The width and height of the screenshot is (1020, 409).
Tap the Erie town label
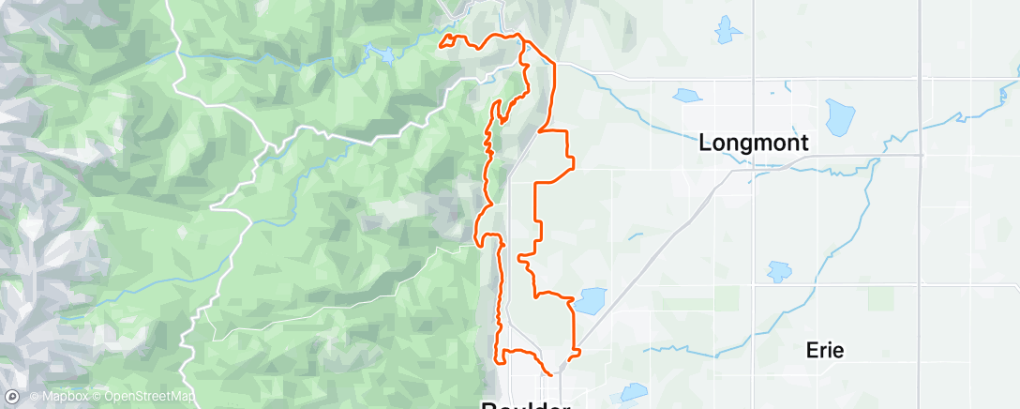(x=825, y=351)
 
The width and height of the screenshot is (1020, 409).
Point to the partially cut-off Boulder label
(x=524, y=404)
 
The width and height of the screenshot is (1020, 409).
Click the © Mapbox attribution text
(x=61, y=397)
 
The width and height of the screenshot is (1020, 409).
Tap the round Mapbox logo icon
(x=12, y=397)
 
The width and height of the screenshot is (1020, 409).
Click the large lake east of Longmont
(x=837, y=117)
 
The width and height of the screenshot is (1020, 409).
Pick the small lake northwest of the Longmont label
(x=687, y=95)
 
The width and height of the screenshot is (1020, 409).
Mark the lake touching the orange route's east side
(x=590, y=300)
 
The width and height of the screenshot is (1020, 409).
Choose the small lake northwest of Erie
(x=779, y=272)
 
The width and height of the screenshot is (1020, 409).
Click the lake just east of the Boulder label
(x=633, y=392)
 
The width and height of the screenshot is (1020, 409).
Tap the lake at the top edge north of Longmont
(x=727, y=30)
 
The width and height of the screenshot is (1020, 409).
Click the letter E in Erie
(x=812, y=351)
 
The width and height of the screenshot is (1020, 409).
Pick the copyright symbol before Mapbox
(x=34, y=397)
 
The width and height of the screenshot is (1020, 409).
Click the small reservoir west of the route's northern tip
(x=384, y=53)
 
